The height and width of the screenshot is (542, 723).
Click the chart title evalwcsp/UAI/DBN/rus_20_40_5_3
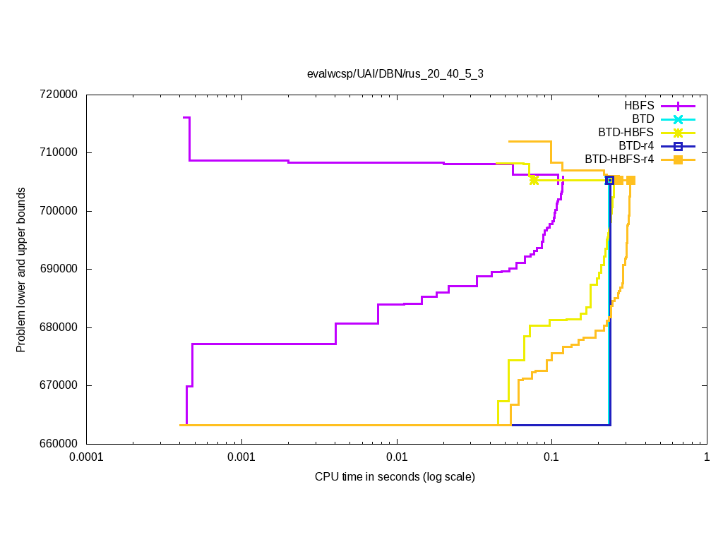[x=395, y=73]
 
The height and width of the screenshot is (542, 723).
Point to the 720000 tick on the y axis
[x=60, y=95]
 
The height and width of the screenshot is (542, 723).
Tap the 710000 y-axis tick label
[x=60, y=152]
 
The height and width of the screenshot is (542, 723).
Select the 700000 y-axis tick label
[x=60, y=211]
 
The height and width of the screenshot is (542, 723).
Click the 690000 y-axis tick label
[x=60, y=269]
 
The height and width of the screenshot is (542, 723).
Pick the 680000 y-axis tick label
[x=60, y=327]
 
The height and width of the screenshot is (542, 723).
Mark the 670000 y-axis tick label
[x=60, y=385]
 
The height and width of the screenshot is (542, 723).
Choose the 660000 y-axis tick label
[x=60, y=444]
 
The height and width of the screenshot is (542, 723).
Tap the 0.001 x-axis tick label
[x=241, y=457]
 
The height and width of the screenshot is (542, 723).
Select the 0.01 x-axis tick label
[x=397, y=457]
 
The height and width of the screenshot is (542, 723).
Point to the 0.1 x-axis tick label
[x=551, y=457]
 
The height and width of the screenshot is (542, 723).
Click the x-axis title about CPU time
[x=395, y=477]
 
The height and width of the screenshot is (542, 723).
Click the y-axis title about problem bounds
[x=21, y=270]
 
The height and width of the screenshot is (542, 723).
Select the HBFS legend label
[x=639, y=105]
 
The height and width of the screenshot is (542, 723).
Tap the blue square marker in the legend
[x=678, y=146]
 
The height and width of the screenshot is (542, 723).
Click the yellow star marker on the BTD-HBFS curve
[x=534, y=180]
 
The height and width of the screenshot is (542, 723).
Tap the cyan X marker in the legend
[x=678, y=119]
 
